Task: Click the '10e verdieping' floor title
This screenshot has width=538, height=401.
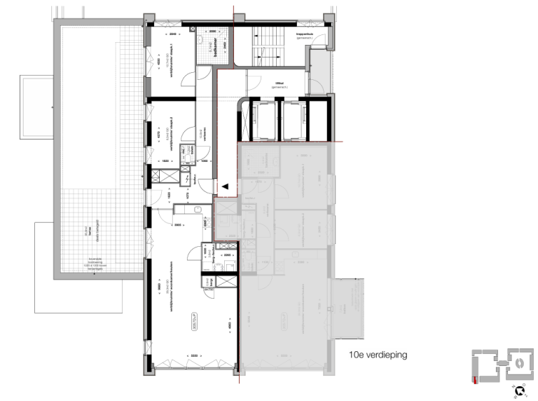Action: coord(378,355)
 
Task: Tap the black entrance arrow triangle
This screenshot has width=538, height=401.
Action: coord(226,186)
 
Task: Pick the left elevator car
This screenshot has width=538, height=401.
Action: coord(261,119)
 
